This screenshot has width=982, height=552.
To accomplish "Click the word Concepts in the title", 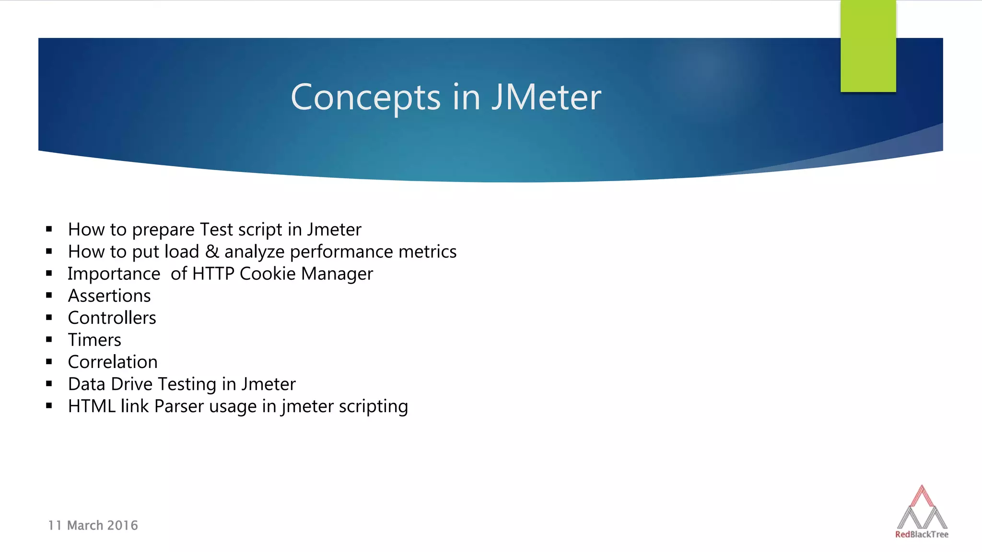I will (365, 97).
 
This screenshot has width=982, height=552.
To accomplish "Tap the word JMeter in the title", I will (546, 97).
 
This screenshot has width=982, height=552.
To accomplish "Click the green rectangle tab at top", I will (868, 46).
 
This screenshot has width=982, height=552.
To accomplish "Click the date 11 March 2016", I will (93, 525).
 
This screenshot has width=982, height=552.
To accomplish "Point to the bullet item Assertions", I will (109, 296).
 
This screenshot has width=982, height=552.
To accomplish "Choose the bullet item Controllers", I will (112, 318).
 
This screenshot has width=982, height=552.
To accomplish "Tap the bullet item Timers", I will (94, 340).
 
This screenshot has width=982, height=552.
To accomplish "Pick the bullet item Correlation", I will (113, 362).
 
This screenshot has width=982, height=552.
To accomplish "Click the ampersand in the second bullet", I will (211, 252).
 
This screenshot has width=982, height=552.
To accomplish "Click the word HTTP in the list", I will (213, 274).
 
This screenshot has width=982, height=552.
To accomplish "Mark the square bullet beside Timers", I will (49, 340).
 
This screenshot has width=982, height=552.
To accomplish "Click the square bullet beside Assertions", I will (49, 296).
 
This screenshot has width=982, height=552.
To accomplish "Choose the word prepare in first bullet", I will (163, 230).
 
